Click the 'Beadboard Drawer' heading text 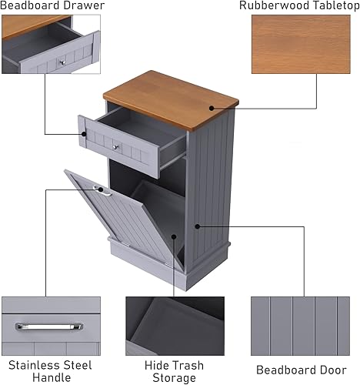[x=52, y=5]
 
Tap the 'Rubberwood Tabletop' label [x=299, y=5]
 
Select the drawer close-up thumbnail [x=51, y=45]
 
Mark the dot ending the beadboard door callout [x=196, y=226]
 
